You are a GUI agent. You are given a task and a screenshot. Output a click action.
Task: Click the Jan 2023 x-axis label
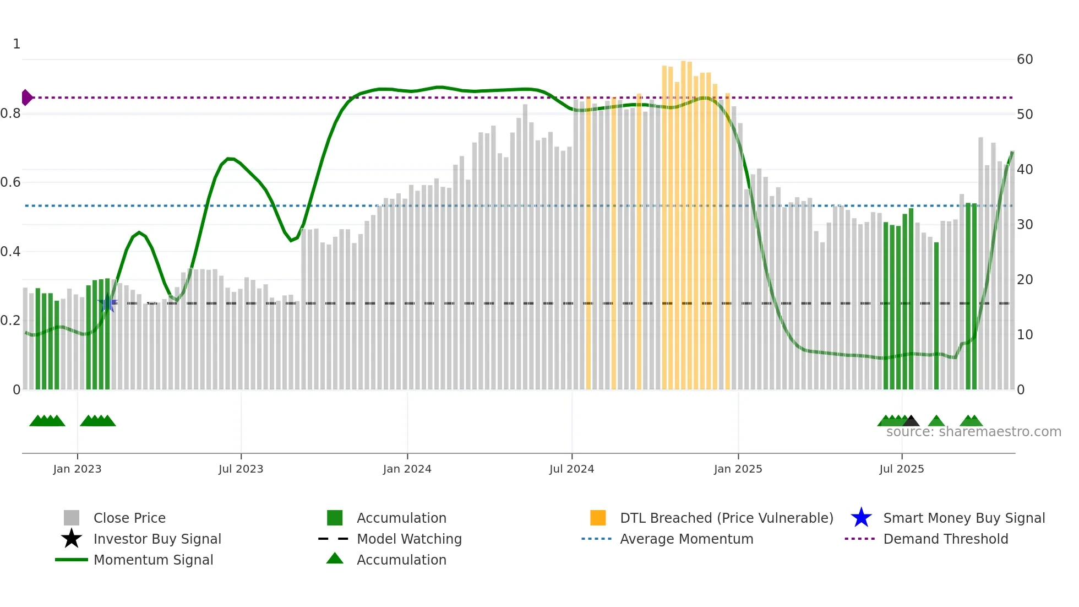point(77,469)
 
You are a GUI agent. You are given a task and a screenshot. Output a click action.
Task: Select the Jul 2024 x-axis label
point(571,469)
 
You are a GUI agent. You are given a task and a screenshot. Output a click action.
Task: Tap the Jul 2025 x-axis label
point(901,469)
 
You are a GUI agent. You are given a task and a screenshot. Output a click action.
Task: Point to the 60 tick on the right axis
point(1024,59)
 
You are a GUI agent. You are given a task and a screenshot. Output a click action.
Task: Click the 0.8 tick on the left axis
point(10,113)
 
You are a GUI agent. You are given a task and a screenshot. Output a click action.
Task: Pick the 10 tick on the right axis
point(1024,335)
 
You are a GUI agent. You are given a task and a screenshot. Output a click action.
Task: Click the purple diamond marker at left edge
point(26,97)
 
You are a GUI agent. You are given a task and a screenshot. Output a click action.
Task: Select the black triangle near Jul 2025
point(911,421)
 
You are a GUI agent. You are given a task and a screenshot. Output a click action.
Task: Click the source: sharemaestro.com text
point(973,432)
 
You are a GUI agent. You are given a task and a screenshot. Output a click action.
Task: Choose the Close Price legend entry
point(129,518)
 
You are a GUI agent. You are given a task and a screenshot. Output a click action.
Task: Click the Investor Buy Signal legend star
point(72,539)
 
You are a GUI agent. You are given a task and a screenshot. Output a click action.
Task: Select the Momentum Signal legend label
point(153,560)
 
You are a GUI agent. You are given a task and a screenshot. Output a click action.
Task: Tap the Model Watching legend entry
point(409,539)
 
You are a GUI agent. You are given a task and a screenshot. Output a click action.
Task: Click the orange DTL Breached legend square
point(598,518)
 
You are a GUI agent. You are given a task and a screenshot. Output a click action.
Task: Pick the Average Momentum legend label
point(686,539)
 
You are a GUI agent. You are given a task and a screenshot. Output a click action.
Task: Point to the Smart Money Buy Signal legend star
point(861,518)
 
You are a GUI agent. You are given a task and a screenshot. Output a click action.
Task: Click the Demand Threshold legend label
point(945,539)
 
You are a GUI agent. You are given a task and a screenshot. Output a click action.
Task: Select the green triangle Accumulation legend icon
point(335,559)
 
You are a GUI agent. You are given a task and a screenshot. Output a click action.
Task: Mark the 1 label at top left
point(17,44)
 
